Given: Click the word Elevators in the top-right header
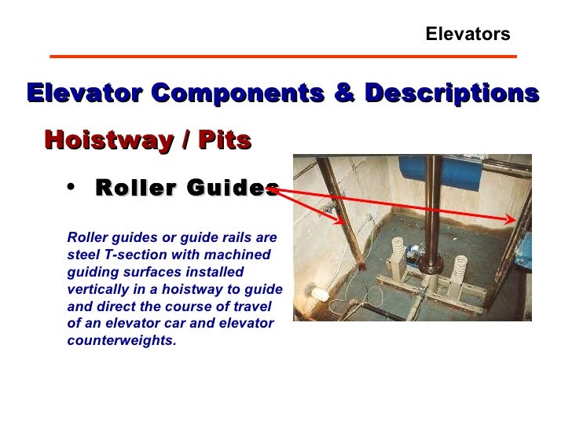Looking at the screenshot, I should point(467,35).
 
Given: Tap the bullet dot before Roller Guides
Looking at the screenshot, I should point(72,186).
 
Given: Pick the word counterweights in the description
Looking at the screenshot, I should point(122,340).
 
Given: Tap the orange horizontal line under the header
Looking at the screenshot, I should point(283,57).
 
